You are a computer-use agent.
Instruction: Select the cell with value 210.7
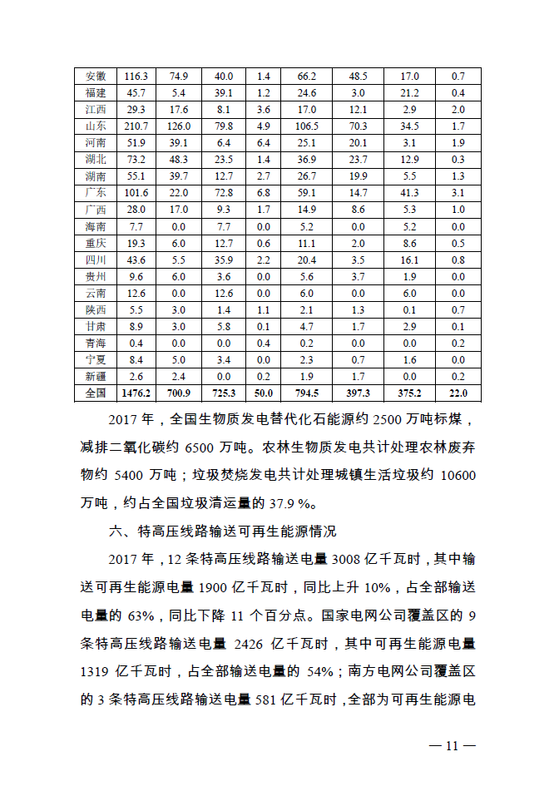coord(136,126)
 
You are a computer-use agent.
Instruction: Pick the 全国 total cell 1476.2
coord(136,393)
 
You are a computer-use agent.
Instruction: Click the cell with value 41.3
coord(409,192)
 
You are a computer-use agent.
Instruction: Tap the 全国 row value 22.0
coord(458,393)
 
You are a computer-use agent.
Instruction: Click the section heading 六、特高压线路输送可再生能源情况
coord(235,531)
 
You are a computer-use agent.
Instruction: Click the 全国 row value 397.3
coord(359,393)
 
